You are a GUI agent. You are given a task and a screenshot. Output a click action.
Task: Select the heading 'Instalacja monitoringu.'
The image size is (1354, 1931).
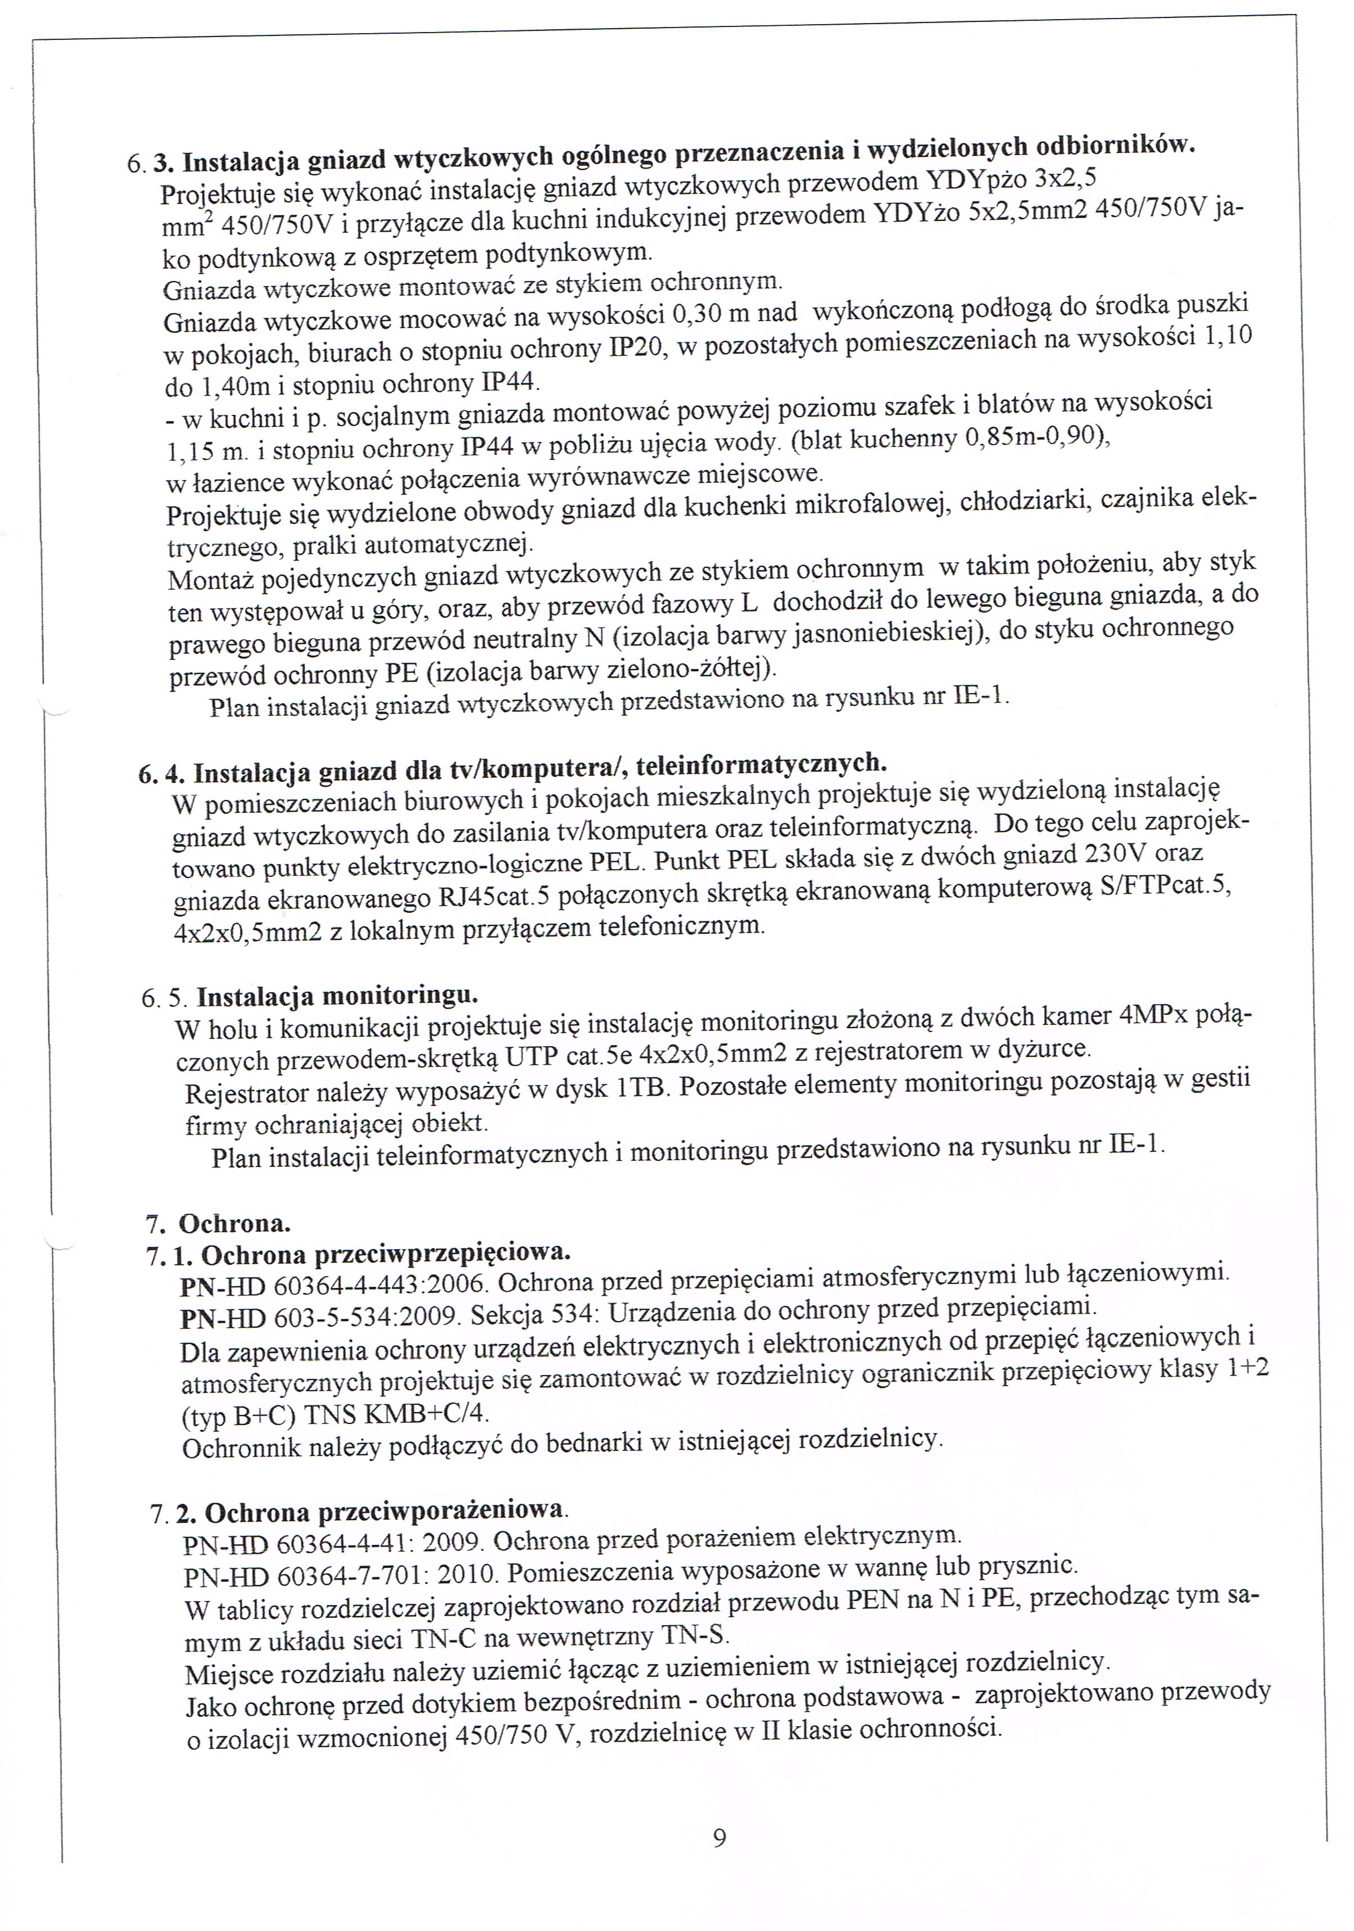point(337,997)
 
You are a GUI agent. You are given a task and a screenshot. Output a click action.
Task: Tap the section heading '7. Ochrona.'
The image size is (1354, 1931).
point(219,1221)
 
